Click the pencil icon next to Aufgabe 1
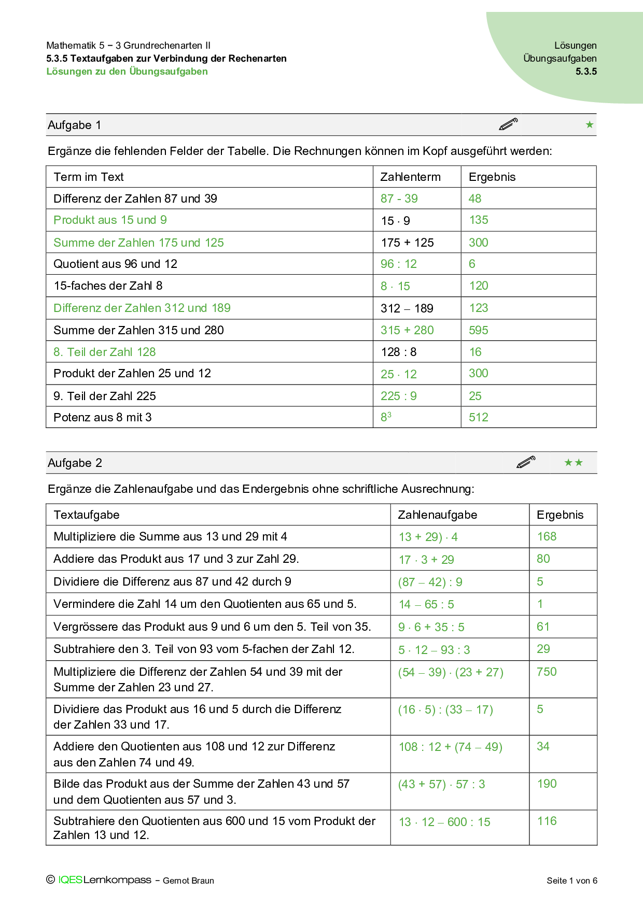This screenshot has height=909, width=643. click(508, 124)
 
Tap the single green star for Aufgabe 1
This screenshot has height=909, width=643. click(589, 124)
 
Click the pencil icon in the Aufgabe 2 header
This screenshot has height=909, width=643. click(526, 462)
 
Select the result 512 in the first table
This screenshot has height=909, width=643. click(478, 417)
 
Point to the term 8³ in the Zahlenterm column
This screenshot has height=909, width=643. click(386, 417)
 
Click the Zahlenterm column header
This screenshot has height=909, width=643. click(410, 177)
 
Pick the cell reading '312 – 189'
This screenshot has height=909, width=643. click(407, 308)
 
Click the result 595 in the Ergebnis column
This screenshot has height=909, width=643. click(478, 330)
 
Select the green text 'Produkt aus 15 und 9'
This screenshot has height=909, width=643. click(110, 220)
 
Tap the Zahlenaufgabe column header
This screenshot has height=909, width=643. click(437, 515)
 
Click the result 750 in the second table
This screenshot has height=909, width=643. click(547, 672)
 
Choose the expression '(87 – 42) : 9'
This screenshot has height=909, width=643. click(430, 582)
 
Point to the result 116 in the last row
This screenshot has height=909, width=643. click(547, 821)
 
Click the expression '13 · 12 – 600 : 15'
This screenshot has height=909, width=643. click(444, 822)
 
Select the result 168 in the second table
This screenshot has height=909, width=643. click(547, 536)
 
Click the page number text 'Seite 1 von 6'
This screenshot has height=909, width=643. click(571, 880)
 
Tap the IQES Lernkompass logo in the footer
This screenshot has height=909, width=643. click(104, 880)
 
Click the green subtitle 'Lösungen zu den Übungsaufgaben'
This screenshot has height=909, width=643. click(127, 72)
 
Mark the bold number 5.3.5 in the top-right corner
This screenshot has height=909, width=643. click(586, 72)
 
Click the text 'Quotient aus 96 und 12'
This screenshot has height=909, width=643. click(115, 264)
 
